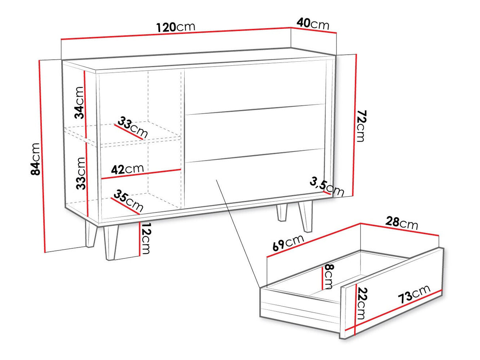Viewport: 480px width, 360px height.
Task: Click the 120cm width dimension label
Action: point(176,27)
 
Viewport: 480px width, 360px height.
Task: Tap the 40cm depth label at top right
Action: point(313,24)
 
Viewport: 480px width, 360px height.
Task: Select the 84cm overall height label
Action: point(36,159)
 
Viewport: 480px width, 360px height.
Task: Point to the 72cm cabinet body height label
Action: point(361,126)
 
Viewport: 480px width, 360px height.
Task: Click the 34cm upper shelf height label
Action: point(79,103)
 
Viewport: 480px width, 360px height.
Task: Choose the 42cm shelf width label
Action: point(127,169)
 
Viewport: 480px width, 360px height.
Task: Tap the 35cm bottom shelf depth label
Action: point(129,201)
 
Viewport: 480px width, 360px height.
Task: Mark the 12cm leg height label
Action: point(145,239)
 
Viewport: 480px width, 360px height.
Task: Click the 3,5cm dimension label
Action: point(327,187)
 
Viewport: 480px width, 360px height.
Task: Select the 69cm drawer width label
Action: point(288,243)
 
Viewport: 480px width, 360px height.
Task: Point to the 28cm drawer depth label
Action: point(401,223)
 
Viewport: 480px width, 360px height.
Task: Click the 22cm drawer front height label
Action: point(361,303)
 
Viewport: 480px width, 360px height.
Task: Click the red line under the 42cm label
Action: point(141,174)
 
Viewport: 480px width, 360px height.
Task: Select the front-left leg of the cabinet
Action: point(111,243)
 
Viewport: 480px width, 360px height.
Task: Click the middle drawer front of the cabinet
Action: point(255,133)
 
